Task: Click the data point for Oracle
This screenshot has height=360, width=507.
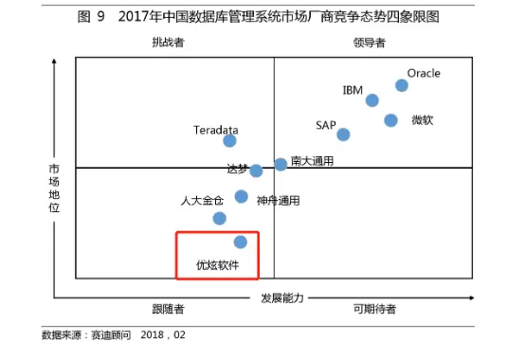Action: coord(402,85)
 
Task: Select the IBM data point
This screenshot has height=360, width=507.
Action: coord(372,100)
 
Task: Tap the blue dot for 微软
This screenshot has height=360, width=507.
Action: coord(390,120)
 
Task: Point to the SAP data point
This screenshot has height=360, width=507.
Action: coord(343,135)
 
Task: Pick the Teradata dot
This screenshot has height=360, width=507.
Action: coord(229,140)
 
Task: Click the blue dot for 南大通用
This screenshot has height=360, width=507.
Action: coord(281,164)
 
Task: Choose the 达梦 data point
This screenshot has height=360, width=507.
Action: coord(256,171)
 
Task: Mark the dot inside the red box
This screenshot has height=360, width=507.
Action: coord(241,242)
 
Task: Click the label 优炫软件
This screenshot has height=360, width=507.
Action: coord(218,265)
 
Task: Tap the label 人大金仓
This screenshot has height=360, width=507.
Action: coord(202,201)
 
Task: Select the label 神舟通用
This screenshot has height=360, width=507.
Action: coord(278,201)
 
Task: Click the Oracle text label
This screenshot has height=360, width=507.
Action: coord(424,73)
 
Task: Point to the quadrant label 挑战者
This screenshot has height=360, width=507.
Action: coord(168,43)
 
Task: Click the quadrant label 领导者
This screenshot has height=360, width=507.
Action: coord(370,43)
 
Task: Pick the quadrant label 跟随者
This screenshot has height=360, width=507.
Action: coord(168,309)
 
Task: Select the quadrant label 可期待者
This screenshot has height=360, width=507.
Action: coord(374,309)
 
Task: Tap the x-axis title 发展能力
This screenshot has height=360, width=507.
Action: coord(282,298)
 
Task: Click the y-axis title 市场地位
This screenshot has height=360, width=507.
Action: coord(54,189)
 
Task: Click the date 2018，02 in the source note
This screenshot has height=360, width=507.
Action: coord(163,334)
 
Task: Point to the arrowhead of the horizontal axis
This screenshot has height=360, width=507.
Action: coord(472,297)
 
